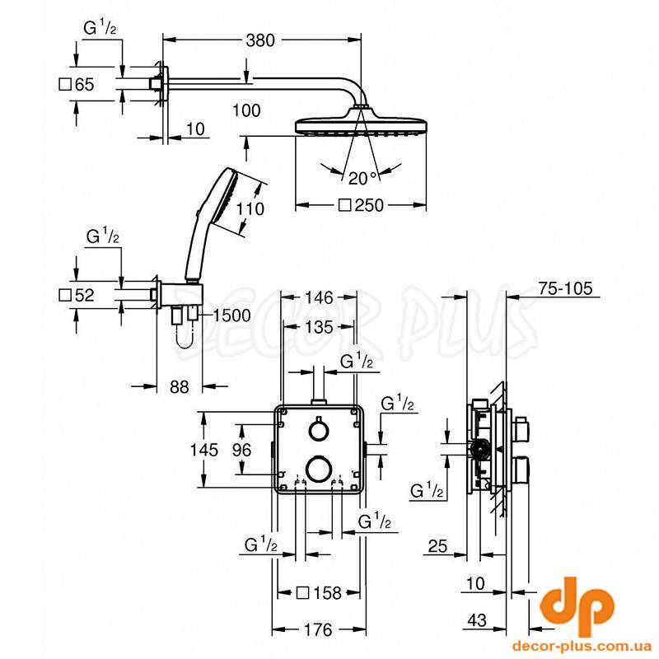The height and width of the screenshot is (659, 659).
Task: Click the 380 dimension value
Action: [x=260, y=40]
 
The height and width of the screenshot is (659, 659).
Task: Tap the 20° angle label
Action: [x=362, y=179]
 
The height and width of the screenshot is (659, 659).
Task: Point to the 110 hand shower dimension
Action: [x=250, y=208]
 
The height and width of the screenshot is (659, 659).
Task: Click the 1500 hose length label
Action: [x=232, y=315]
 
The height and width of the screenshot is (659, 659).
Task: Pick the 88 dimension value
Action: [x=179, y=386]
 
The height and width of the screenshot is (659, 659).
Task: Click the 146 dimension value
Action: [x=319, y=297]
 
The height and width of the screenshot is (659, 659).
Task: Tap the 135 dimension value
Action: [x=319, y=327]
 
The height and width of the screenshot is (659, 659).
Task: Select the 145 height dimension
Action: [x=204, y=450]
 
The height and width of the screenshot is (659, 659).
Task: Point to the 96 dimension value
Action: [x=241, y=450]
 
